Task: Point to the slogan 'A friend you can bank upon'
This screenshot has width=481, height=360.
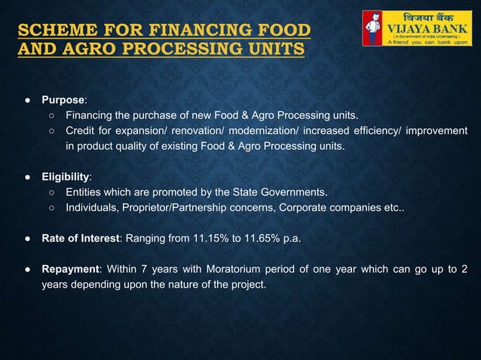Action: click(428, 42)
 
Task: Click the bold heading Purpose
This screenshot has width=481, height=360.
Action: click(63, 99)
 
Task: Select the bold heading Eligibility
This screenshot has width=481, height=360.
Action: click(66, 177)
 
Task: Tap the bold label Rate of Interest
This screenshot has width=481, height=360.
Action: click(80, 238)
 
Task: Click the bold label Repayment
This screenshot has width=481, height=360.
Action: click(72, 270)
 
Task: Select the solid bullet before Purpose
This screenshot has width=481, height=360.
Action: click(26, 99)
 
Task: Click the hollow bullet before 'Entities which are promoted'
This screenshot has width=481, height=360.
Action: click(51, 191)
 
